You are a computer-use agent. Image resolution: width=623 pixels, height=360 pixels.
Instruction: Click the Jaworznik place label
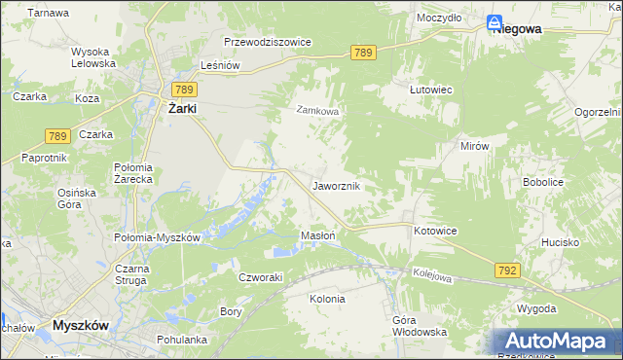337,185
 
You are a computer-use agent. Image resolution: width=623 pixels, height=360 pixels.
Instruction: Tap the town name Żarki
180,109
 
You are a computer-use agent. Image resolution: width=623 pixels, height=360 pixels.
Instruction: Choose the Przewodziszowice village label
267,43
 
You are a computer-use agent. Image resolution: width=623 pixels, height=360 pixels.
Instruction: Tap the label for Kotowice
435,231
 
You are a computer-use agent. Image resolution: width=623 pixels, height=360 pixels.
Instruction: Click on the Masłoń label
318,235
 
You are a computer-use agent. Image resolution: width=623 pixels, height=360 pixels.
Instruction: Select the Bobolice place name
545,182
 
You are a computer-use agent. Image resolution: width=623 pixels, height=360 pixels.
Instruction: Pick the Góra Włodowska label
420,326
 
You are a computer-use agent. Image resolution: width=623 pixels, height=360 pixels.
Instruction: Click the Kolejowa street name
432,276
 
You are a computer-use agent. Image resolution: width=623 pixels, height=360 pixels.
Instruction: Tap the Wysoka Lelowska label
93,57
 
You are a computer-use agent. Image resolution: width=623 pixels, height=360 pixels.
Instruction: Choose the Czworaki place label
261,276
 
